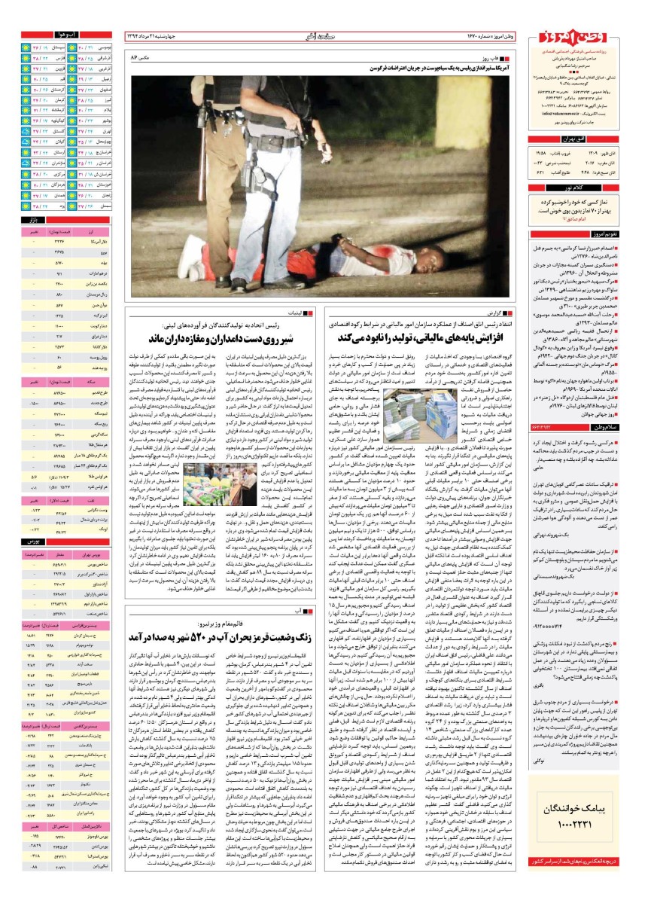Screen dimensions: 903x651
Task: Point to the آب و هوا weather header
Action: coord(67,35)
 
